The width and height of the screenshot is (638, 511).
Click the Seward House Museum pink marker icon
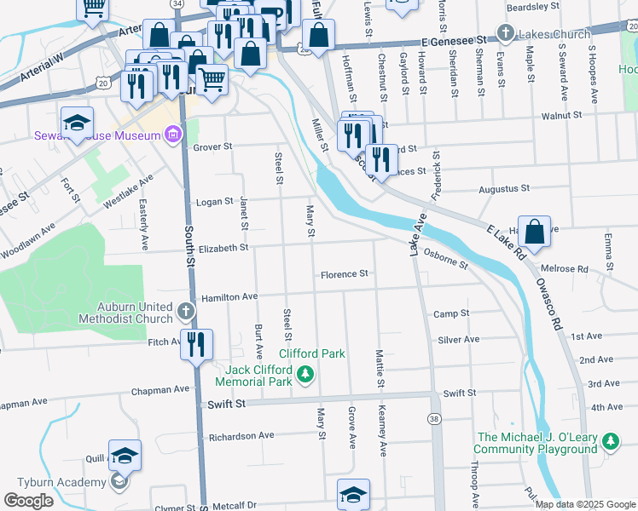coord(174,134)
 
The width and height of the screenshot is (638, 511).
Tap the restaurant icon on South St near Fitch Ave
coord(197,344)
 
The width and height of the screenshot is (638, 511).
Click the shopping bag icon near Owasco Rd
coord(533,233)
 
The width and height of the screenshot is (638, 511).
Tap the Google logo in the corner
coord(28,501)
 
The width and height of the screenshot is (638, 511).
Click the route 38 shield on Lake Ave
coord(435,419)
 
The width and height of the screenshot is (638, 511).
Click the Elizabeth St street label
coord(224,248)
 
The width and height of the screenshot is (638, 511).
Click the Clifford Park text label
coord(311,353)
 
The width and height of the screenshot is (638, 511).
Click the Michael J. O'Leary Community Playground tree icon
coord(611,441)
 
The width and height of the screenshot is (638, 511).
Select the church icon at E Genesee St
coord(505,34)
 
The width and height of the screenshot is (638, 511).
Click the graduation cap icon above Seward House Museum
coord(77,122)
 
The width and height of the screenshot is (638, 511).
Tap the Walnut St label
coord(560,114)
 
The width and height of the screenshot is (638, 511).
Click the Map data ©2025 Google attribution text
coord(585,504)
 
